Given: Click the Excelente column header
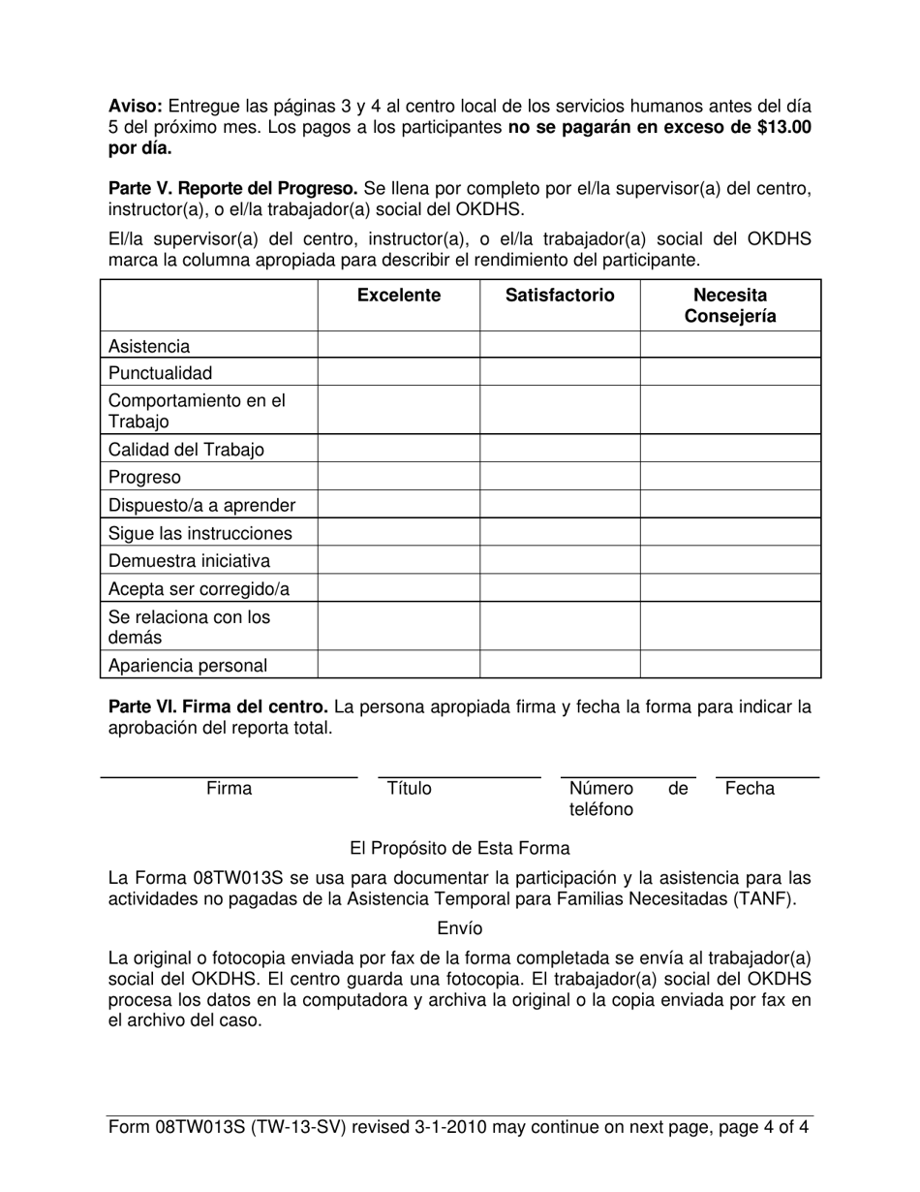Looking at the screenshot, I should [398, 296].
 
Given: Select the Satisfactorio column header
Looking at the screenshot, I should [560, 296].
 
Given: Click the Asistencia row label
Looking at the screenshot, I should [149, 346].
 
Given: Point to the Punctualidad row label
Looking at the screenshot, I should [160, 373].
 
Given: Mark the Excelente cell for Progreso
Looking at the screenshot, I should [398, 478].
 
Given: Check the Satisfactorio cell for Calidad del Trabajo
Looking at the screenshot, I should [560, 450].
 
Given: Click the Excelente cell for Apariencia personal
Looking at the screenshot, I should [398, 665].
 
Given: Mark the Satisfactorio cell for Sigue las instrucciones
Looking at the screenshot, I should [560, 533].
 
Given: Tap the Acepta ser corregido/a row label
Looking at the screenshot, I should [199, 589].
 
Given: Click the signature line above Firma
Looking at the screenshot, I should [229, 776].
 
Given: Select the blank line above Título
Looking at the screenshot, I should [459, 776].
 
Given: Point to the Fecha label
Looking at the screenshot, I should [750, 789].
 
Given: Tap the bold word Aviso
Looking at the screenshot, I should [135, 106].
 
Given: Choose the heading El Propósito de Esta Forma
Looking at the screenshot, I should [459, 849].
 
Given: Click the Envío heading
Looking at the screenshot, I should [459, 928].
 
